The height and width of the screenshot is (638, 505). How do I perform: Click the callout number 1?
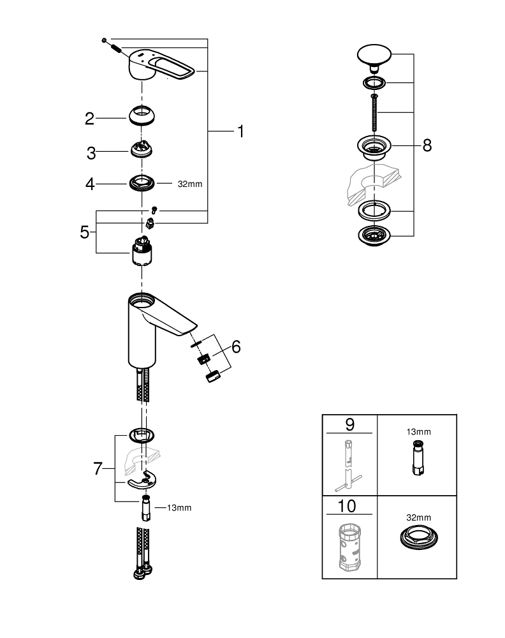click(x=240, y=131)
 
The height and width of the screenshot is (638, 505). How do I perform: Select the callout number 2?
click(x=90, y=118)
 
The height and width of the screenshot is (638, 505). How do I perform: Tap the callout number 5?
click(x=85, y=232)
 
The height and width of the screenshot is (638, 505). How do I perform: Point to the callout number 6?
click(x=236, y=346)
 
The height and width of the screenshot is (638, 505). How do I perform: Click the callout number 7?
click(x=98, y=469)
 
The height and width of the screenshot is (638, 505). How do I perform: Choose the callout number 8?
click(x=427, y=145)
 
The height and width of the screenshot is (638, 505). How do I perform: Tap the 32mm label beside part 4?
click(x=189, y=184)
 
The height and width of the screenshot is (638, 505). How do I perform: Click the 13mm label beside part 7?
click(x=179, y=508)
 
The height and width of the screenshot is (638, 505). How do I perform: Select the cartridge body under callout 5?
click(x=142, y=253)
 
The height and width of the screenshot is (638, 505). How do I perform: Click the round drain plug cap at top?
click(x=374, y=56)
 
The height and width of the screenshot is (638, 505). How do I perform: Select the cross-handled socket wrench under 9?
click(x=350, y=466)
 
